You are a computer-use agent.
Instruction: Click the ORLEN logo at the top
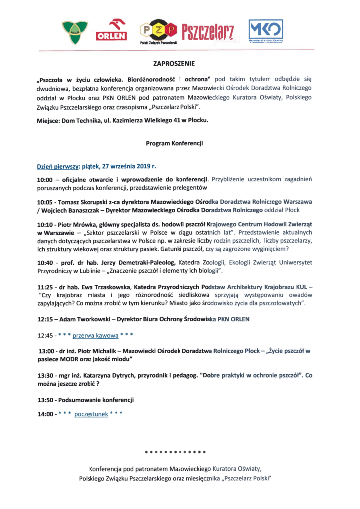pyautogui.click(x=114, y=29)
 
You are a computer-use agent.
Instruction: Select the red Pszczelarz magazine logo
pyautogui.click(x=208, y=31)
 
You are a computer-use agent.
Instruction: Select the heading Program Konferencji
pyautogui.click(x=174, y=143)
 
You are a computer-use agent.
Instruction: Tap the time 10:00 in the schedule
pyautogui.click(x=45, y=179)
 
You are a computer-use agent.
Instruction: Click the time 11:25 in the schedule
pyautogui.click(x=45, y=287)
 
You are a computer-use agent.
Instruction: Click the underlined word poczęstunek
pyautogui.click(x=91, y=413)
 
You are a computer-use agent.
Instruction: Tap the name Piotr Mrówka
pyautogui.click(x=80, y=224)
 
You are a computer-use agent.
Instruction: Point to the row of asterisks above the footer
pyautogui.click(x=175, y=452)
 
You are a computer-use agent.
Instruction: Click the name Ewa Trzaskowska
pyautogui.click(x=105, y=287)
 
